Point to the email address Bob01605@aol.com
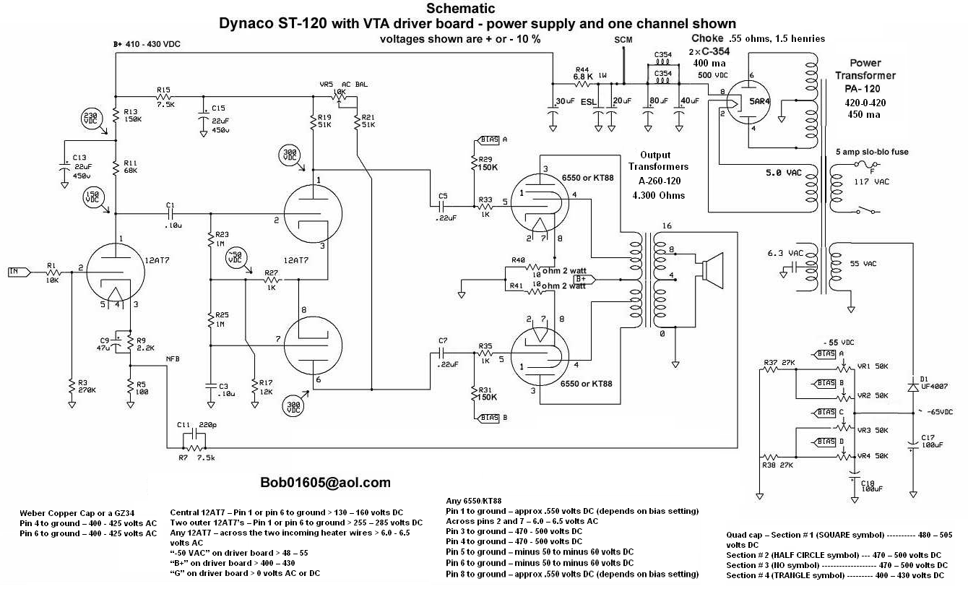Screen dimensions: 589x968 coord(326,483)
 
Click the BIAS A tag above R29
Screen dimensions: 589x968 coord(493,139)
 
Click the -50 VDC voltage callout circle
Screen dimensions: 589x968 coord(235,257)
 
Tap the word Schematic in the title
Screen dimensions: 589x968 coord(461,9)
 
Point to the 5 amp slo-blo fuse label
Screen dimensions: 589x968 coord(872,152)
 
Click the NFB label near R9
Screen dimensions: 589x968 coord(173,359)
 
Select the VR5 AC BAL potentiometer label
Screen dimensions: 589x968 coord(344,84)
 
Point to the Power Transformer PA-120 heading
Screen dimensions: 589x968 coord(872,75)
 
